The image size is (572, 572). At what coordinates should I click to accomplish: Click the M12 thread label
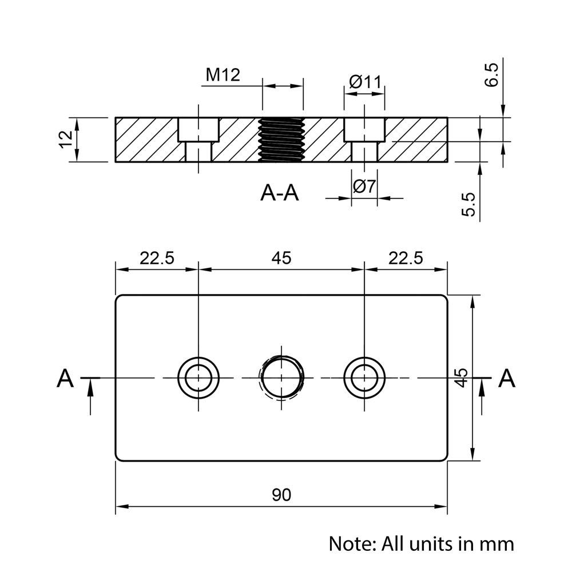pos(223,75)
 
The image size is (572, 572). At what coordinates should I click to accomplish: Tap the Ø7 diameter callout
pos(364,186)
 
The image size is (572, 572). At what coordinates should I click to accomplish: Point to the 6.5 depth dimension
pos(492,75)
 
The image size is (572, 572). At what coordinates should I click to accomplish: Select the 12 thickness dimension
pos(66,140)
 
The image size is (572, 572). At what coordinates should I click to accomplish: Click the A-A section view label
pos(280,193)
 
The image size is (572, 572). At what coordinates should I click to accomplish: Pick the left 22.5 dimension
pos(157,258)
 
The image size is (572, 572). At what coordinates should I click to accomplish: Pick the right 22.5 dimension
pos(406,258)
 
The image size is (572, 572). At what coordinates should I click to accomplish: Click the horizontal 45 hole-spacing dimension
pos(281,258)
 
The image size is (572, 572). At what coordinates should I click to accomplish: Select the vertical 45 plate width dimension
pos(462,378)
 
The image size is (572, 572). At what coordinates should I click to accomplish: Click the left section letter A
pos(66,379)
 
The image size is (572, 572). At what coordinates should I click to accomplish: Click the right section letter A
pos(507,379)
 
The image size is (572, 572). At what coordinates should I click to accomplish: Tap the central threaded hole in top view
pos(281,378)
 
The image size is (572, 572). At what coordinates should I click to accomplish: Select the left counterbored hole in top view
pos(198,378)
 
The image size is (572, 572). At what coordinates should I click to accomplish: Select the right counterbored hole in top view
pos(364,378)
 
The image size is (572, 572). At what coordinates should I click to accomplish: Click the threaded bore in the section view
pos(281,140)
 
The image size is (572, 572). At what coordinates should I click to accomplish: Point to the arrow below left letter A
pos(90,396)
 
